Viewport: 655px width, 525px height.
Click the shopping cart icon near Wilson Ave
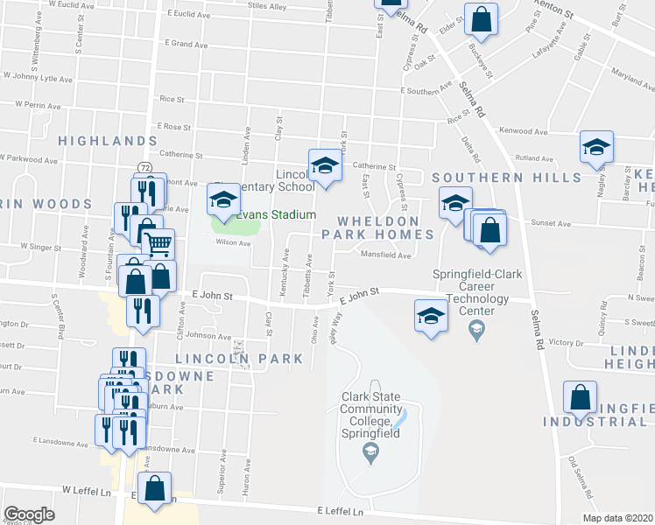tap(158, 244)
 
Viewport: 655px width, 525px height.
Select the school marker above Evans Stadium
tap(223, 201)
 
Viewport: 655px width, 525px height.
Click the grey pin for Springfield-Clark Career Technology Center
tap(475, 330)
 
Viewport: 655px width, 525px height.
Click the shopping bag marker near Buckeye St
tap(481, 17)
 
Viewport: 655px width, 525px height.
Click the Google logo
tap(29, 514)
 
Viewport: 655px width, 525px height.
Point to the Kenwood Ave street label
tap(523, 131)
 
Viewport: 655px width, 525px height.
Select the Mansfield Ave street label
tap(385, 255)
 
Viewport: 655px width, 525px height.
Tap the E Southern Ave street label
tap(425, 90)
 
